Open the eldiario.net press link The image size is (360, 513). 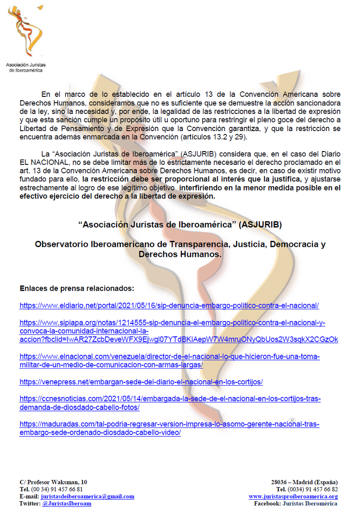click(169, 305)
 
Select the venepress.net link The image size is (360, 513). click(141, 382)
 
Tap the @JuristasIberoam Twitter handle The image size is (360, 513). click(66, 503)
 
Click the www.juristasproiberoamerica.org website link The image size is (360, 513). click(293, 496)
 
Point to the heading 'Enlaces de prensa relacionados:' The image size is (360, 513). click(77, 288)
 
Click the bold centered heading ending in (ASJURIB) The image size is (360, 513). click(180, 225)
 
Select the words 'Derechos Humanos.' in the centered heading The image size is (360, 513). click(180, 255)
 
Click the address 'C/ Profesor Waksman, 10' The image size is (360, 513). click(53, 482)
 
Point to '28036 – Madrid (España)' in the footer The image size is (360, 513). click(304, 482)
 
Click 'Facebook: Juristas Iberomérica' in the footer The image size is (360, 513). click(295, 503)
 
